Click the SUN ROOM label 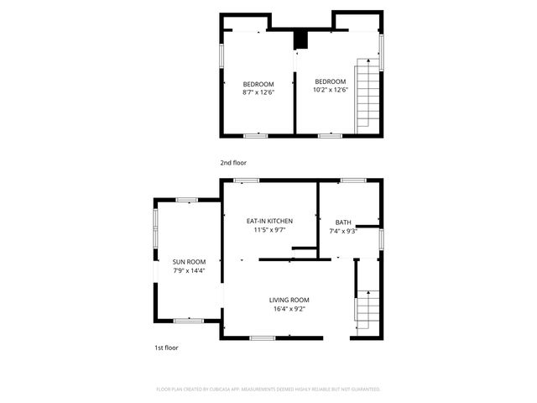click(189, 262)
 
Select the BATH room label click(343, 222)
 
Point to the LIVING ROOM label click(289, 300)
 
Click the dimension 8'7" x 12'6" click(258, 90)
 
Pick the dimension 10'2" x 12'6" click(330, 90)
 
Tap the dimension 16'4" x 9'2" click(289, 309)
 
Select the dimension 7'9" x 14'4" click(189, 270)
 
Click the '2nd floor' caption click(233, 163)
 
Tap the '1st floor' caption click(165, 348)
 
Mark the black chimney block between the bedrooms click(300, 39)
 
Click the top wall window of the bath click(352, 180)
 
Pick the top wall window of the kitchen click(246, 180)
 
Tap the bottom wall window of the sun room click(188, 320)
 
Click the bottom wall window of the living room click(263, 338)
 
